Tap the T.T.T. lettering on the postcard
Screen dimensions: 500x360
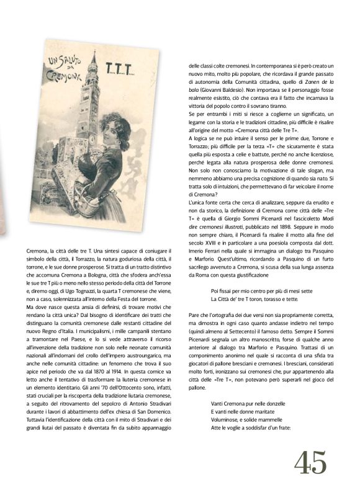point(116,66)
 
